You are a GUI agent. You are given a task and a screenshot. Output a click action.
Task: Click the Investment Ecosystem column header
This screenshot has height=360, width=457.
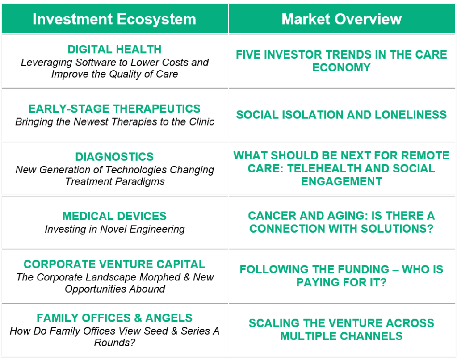(x=114, y=19)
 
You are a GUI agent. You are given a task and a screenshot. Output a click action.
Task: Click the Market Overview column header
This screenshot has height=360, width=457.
(x=341, y=19)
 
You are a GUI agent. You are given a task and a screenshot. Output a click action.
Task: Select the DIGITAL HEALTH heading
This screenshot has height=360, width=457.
(x=114, y=49)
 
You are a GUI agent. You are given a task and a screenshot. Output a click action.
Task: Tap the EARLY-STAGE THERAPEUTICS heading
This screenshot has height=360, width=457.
(x=114, y=109)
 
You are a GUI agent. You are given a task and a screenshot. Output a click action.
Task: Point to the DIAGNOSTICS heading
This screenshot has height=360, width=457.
(x=114, y=157)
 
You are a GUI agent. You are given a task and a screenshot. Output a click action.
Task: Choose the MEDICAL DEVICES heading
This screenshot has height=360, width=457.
(x=114, y=216)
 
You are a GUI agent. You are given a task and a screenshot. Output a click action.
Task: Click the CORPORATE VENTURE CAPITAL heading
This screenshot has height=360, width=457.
(x=114, y=264)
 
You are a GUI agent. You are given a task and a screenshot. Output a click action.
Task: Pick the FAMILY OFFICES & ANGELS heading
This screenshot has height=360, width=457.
(x=114, y=318)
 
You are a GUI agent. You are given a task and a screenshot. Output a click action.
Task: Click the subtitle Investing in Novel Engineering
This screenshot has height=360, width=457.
(x=114, y=230)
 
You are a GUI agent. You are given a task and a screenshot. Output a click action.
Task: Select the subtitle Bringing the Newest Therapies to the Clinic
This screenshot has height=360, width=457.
(x=114, y=122)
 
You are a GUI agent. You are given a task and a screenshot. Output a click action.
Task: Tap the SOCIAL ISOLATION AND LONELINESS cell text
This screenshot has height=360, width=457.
(x=341, y=115)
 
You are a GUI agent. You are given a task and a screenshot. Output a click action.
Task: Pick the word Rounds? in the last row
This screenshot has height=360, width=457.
(x=114, y=343)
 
